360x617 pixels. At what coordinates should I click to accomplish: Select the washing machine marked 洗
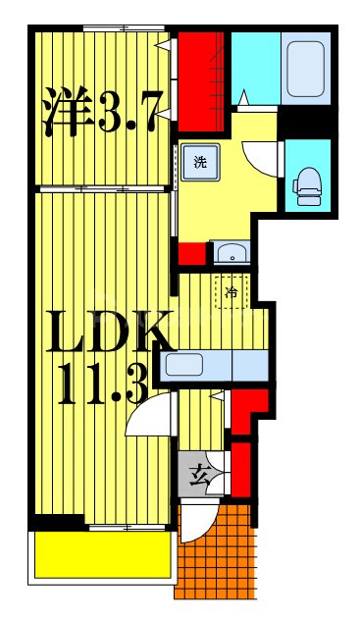click(200, 163)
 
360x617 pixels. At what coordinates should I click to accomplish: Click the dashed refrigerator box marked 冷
click(231, 292)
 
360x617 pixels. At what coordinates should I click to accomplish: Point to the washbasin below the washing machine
click(232, 251)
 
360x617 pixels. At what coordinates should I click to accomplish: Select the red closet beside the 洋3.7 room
click(201, 78)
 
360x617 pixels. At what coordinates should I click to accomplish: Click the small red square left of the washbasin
click(192, 252)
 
